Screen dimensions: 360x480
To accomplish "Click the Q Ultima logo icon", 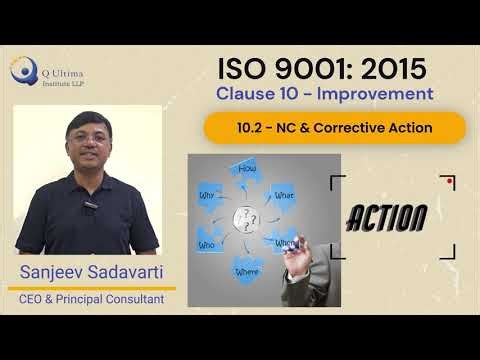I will pos(21,71).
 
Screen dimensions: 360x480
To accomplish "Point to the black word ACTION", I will pos(389,216).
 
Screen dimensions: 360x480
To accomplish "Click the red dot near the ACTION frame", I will pos(451,182).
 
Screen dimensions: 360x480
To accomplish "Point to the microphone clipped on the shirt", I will pos(88,205).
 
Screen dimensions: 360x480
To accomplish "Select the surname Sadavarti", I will pos(128,272).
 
